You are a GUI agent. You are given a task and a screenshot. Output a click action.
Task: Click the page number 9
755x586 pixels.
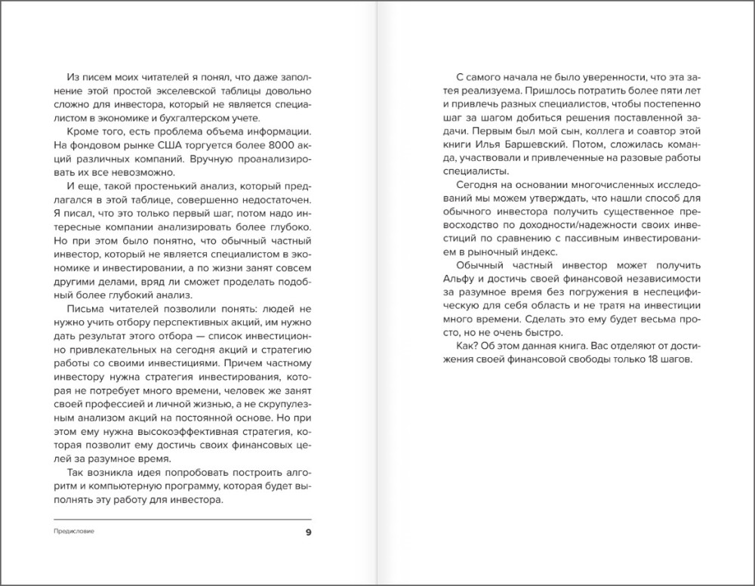(x=307, y=532)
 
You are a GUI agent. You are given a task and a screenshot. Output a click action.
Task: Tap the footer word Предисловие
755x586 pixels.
(x=74, y=532)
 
